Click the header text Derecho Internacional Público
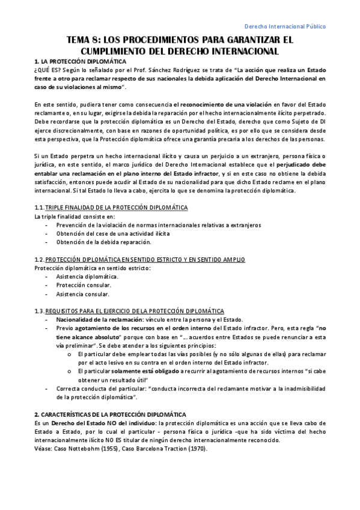tap(287, 27)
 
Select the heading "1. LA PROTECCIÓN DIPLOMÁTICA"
tap(80, 62)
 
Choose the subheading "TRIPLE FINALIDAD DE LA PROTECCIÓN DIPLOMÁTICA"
tap(117, 208)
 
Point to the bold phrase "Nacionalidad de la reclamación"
tap(97, 319)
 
